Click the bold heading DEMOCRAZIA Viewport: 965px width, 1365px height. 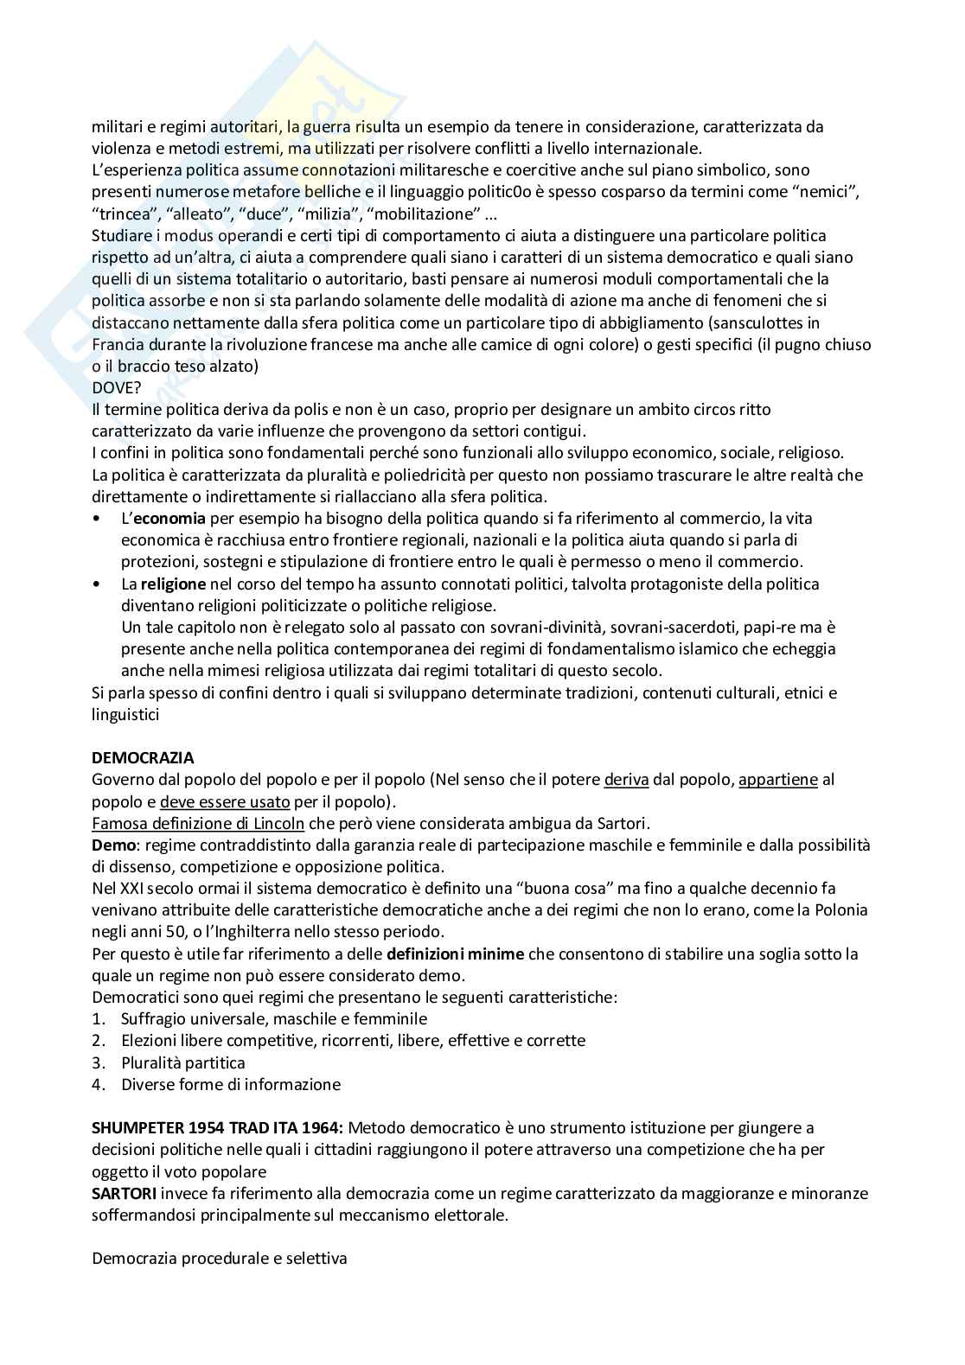pos(143,758)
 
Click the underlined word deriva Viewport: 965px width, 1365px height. pos(626,780)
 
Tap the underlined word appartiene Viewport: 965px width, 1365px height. pos(777,780)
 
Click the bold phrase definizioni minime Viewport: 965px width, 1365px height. pos(455,954)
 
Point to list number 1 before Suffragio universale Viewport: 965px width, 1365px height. pos(99,1019)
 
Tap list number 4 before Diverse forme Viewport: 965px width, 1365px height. pos(99,1084)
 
